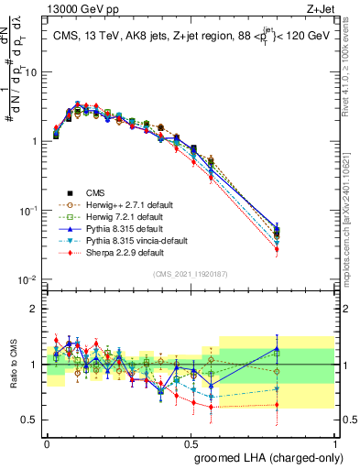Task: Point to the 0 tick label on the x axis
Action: (x=48, y=442)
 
